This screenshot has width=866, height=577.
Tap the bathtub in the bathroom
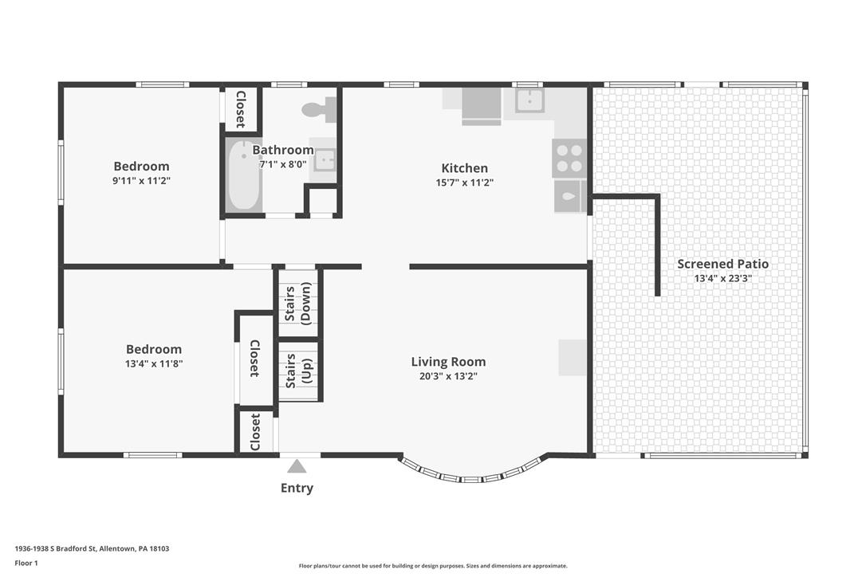tap(243, 175)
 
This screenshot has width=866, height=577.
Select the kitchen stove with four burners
tap(569, 158)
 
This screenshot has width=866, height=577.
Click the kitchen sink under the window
tap(529, 100)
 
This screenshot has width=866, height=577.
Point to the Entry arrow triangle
tap(297, 466)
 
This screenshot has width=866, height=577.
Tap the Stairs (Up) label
tap(298, 370)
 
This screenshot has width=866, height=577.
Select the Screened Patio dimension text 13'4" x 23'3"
tap(723, 278)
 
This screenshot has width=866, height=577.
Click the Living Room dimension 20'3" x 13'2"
tap(448, 377)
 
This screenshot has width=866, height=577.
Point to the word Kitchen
tap(464, 168)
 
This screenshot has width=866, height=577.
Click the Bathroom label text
tap(283, 150)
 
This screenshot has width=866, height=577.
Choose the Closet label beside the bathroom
tap(241, 108)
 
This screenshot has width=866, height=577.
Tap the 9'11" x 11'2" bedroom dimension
tap(141, 181)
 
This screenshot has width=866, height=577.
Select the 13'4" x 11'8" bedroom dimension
tap(154, 364)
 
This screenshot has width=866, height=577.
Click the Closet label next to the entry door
tap(254, 432)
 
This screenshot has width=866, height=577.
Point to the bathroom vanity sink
tap(325, 160)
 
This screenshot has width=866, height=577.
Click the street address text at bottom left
tap(92, 549)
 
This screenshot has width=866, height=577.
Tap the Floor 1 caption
tap(26, 563)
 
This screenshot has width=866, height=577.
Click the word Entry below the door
tap(297, 488)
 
